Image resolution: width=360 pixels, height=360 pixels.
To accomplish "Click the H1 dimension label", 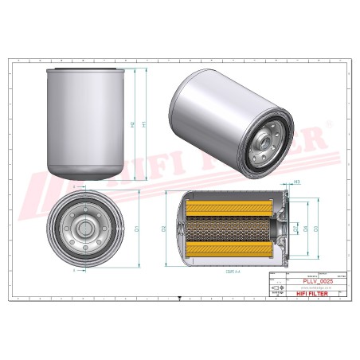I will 143,124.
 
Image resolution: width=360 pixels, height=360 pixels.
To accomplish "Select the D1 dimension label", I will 136,229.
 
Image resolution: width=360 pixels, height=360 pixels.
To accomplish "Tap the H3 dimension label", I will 296,182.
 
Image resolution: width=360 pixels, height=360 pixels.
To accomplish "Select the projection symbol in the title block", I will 278,288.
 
